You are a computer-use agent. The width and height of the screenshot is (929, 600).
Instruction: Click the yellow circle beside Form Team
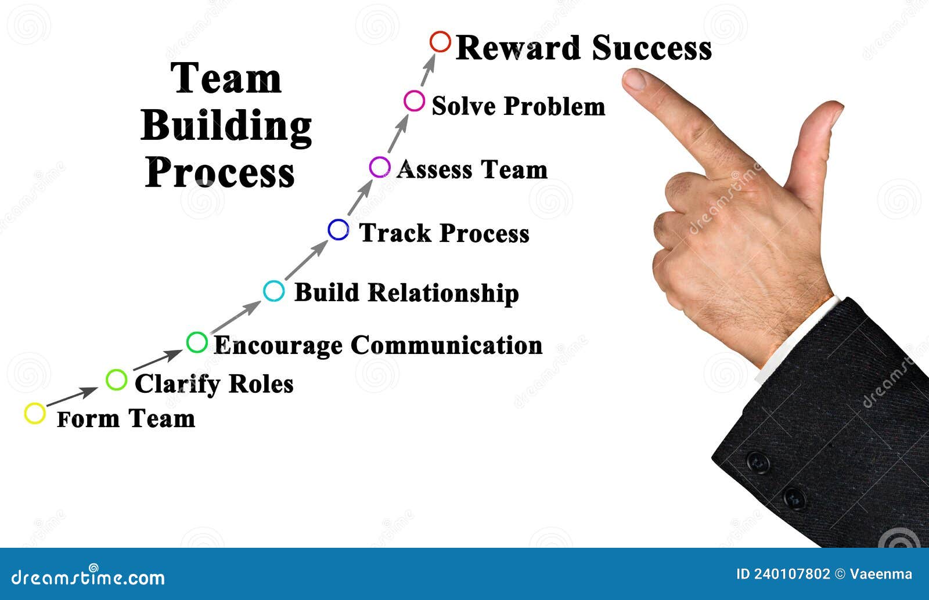tap(35, 413)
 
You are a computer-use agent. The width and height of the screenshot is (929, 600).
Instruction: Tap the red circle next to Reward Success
tap(440, 42)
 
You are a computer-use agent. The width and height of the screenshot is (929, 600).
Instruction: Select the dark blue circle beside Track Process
tap(338, 230)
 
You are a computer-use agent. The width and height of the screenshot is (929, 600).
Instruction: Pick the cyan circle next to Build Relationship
tap(273, 291)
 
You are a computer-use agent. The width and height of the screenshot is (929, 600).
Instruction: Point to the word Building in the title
tap(226, 126)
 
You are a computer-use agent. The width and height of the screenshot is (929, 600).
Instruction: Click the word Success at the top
tap(651, 48)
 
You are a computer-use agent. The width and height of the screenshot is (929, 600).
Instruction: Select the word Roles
tap(261, 384)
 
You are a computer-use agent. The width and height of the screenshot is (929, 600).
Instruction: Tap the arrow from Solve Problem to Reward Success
tap(428, 71)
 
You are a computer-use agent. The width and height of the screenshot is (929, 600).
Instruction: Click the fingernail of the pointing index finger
tap(634, 79)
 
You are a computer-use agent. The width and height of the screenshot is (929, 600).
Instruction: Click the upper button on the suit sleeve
tap(758, 462)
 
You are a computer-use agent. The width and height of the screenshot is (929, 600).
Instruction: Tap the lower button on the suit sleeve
tap(793, 498)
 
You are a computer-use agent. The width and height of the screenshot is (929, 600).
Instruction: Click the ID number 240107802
tap(792, 574)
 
